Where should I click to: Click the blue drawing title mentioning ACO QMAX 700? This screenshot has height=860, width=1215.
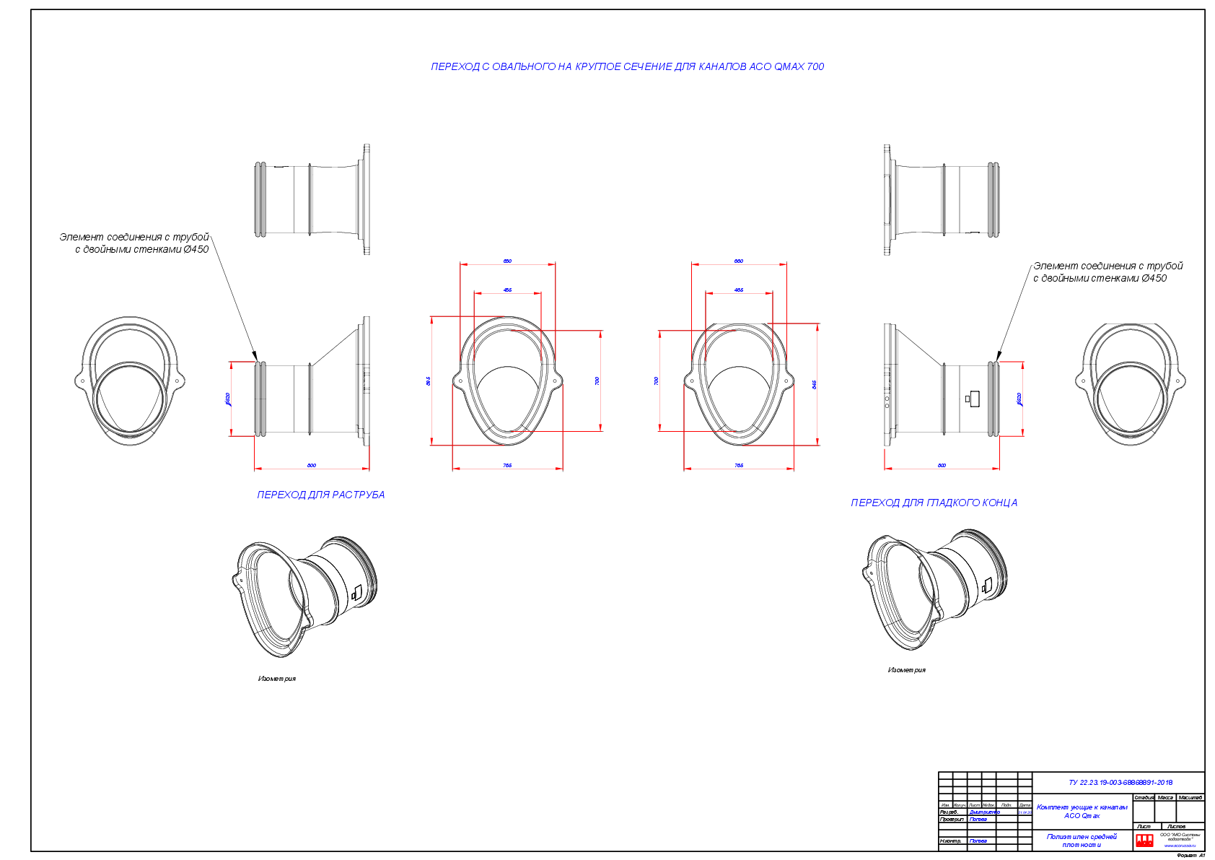(627, 66)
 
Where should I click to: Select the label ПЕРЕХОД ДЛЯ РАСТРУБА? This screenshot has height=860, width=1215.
(320, 495)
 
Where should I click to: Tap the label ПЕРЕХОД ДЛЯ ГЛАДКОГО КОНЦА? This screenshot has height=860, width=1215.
(934, 503)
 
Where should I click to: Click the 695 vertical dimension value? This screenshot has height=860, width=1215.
(429, 381)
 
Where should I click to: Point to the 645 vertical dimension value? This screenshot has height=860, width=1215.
(815, 385)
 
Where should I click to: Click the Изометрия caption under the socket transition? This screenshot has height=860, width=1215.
(277, 679)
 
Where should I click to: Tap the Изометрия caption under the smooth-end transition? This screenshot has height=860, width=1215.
(906, 670)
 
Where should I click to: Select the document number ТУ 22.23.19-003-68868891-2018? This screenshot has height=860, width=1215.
(1120, 782)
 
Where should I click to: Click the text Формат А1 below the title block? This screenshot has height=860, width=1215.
(1190, 855)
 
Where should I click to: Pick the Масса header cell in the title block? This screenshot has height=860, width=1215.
(1165, 798)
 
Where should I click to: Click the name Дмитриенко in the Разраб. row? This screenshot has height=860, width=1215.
(984, 812)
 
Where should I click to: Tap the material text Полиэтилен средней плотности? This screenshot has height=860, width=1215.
(1082, 841)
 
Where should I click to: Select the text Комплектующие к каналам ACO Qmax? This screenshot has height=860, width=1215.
(1082, 811)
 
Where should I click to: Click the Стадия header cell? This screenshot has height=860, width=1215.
(1144, 798)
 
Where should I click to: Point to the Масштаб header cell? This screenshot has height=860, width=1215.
(1190, 798)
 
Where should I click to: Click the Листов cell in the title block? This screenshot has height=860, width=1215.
(1176, 826)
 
